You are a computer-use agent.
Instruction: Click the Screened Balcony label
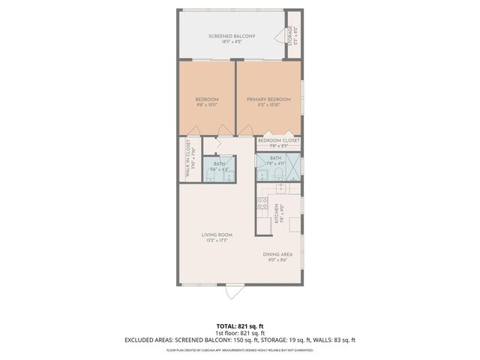232,36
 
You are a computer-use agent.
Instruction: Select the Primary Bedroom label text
269,99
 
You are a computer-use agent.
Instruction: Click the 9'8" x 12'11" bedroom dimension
207,106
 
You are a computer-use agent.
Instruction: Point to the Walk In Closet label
187,159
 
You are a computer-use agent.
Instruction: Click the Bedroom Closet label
279,140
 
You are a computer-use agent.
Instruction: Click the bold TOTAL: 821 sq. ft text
239,326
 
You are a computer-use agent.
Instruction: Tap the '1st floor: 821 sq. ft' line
239,333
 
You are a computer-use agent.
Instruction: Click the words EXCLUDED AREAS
154,340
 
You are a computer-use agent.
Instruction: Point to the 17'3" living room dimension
222,241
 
